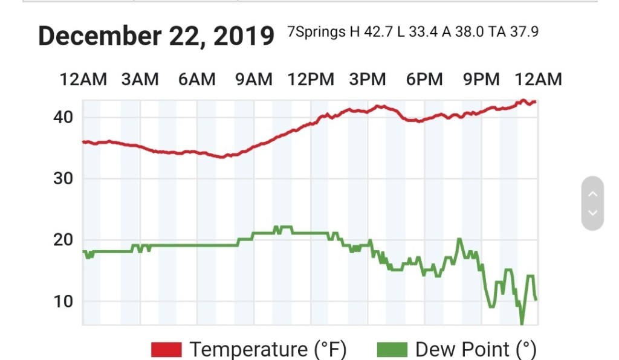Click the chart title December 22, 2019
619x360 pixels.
point(156,36)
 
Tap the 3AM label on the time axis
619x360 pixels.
point(140,79)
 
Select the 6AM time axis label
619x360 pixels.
point(197,79)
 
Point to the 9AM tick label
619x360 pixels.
point(254,79)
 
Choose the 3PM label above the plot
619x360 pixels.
point(368,79)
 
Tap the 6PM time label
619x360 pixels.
point(424,79)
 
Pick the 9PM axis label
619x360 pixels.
point(481,79)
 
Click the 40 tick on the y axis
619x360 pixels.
point(63,117)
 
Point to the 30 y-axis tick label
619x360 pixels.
point(63,178)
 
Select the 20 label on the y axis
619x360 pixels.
point(63,240)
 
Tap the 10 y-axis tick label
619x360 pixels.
point(63,301)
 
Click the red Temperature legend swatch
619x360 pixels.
point(166,349)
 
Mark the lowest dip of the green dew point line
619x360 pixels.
point(522,323)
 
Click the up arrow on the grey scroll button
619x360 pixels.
point(592,194)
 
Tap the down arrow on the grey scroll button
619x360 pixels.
point(592,213)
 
